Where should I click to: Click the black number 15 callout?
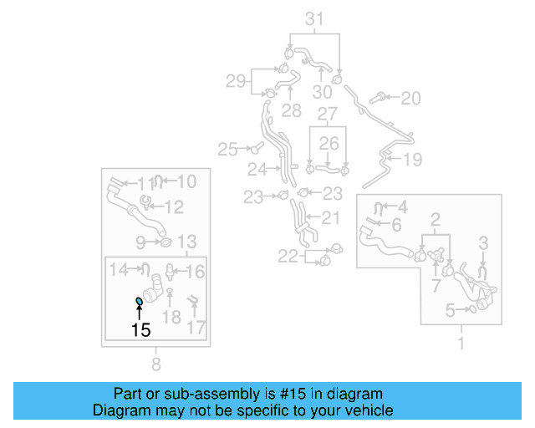click(x=140, y=330)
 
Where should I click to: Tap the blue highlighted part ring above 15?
click(x=139, y=301)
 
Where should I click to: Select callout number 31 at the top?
click(x=313, y=18)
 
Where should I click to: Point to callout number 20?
click(x=410, y=99)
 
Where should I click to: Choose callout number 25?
click(x=227, y=150)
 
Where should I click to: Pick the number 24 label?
click(x=257, y=169)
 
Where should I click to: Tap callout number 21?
click(x=331, y=218)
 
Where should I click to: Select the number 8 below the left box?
click(x=155, y=364)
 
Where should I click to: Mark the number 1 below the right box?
click(x=459, y=343)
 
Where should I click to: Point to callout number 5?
click(x=451, y=311)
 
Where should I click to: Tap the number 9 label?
click(x=141, y=242)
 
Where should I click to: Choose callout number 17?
click(x=196, y=328)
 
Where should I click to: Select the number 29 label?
click(x=236, y=81)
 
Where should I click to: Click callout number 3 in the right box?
click(x=483, y=242)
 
